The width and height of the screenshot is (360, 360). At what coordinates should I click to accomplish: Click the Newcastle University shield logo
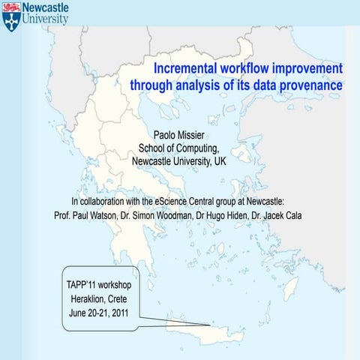click(x=11, y=16)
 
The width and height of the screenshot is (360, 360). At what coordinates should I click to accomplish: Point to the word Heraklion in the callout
click(x=84, y=299)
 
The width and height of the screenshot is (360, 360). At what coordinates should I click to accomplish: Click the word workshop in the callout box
click(x=112, y=286)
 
